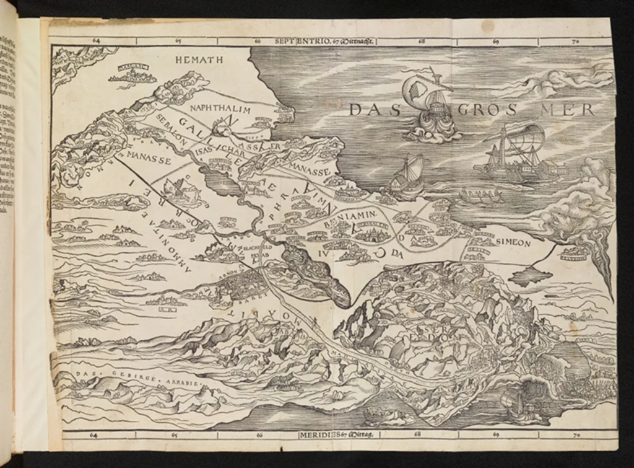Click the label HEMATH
[x=195, y=60]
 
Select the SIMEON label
[x=511, y=244]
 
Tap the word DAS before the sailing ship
[x=373, y=110]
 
